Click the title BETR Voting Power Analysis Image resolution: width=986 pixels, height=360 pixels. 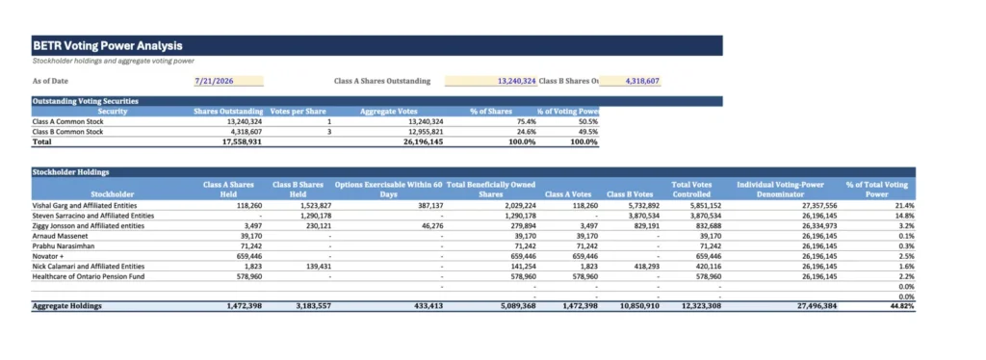(108, 46)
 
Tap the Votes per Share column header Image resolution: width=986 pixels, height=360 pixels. (298, 112)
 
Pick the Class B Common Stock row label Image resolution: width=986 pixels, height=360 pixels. (68, 132)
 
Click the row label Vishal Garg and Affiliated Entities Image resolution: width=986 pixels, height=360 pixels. (85, 205)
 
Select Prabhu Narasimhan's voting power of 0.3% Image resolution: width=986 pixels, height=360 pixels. (908, 245)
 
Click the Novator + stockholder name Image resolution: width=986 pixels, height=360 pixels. (46, 256)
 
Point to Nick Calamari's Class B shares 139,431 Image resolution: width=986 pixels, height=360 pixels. (318, 267)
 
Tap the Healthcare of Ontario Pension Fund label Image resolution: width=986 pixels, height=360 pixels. (85, 276)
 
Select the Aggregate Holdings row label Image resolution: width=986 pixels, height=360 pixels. (66, 307)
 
